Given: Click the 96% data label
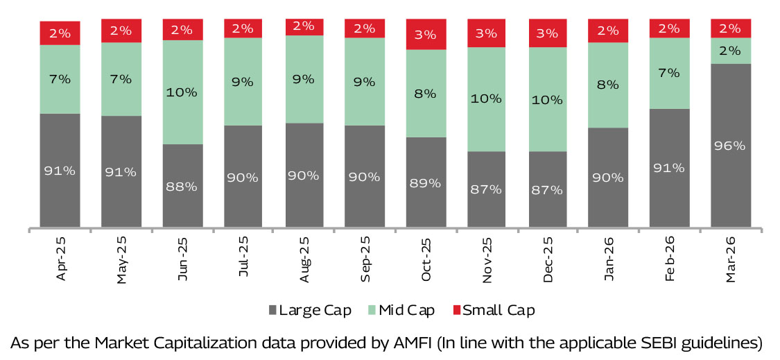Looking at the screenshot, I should (731, 146).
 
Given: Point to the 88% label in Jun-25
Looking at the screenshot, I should (182, 187).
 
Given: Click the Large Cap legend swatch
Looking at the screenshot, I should (272, 310).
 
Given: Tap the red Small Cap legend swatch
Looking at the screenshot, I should (457, 310).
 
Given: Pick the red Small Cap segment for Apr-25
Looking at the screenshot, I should (60, 33).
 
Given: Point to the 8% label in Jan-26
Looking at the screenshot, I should (609, 85).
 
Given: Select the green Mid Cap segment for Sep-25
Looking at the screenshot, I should (365, 81).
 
